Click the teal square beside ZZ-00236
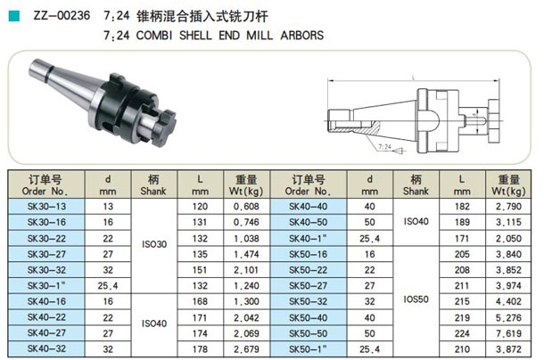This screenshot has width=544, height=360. point(14,16)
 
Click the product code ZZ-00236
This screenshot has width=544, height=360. point(62,16)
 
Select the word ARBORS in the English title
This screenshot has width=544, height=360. point(301,36)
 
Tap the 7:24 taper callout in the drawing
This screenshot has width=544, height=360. point(384,147)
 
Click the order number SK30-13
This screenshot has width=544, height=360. point(46,207)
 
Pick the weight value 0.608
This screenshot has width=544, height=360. point(246,207)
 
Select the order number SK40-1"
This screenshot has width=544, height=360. point(308,238)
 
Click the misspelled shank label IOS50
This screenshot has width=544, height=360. point(416,299)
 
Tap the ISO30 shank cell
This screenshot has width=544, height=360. point(154,244)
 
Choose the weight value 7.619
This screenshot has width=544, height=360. point(508,333)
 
